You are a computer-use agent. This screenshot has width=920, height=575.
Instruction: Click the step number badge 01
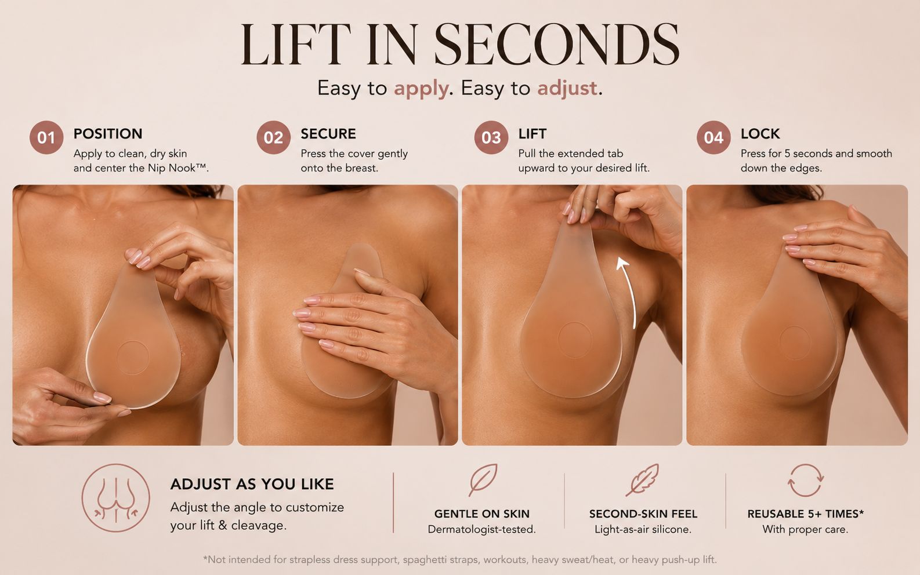coord(46,137)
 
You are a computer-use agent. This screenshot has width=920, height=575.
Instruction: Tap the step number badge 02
coord(274,137)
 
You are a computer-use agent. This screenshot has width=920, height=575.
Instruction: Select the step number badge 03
coord(491,137)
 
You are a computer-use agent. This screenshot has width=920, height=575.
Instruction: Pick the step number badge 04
coord(713,137)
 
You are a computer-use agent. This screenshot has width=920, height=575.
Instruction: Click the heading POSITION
coord(108,134)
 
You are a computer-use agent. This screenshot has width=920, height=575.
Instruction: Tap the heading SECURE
coord(328,134)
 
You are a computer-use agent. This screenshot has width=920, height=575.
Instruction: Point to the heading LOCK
coord(760,134)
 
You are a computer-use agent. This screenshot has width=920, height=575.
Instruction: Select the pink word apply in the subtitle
coord(421,89)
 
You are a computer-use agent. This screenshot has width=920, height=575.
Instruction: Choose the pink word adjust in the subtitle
coord(567,89)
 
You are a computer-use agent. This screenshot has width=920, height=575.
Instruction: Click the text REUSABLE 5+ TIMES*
coord(805,514)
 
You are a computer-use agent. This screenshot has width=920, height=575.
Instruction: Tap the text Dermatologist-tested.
coord(482,529)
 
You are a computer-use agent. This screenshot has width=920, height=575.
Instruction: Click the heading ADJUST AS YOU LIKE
coord(252,485)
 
